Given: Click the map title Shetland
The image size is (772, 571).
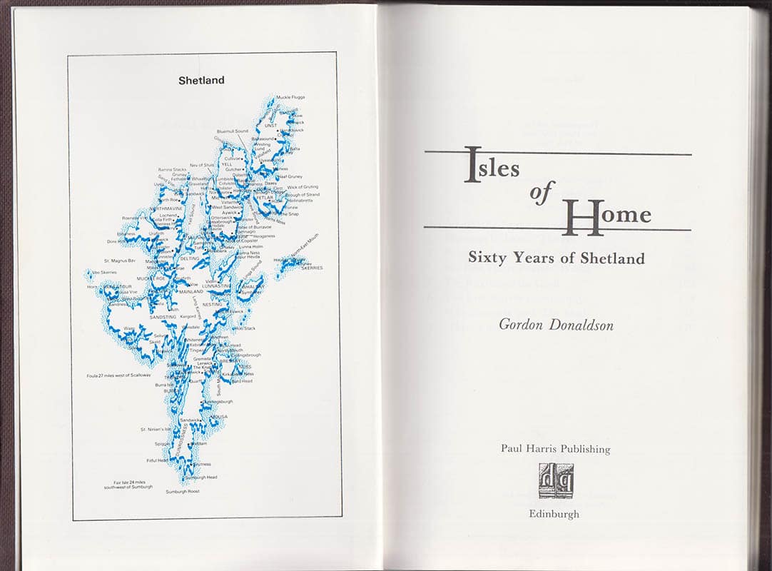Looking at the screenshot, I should point(201,81).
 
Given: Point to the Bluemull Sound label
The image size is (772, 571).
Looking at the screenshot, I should point(233,131).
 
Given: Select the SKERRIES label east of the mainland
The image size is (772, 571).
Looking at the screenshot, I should point(312,268).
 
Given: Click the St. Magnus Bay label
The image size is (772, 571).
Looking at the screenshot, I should point(119,261).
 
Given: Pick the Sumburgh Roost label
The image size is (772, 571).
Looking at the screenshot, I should point(183,492).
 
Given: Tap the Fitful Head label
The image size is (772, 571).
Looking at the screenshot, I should point(157,461).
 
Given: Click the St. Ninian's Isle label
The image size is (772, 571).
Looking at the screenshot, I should point(156,430).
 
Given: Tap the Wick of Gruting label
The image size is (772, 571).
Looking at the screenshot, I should point(303,187).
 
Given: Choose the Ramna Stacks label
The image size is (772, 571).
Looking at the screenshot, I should point(172,170).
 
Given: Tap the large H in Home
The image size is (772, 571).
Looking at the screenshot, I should point(582,217).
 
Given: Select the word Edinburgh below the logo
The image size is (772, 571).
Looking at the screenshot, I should point(554,514).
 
